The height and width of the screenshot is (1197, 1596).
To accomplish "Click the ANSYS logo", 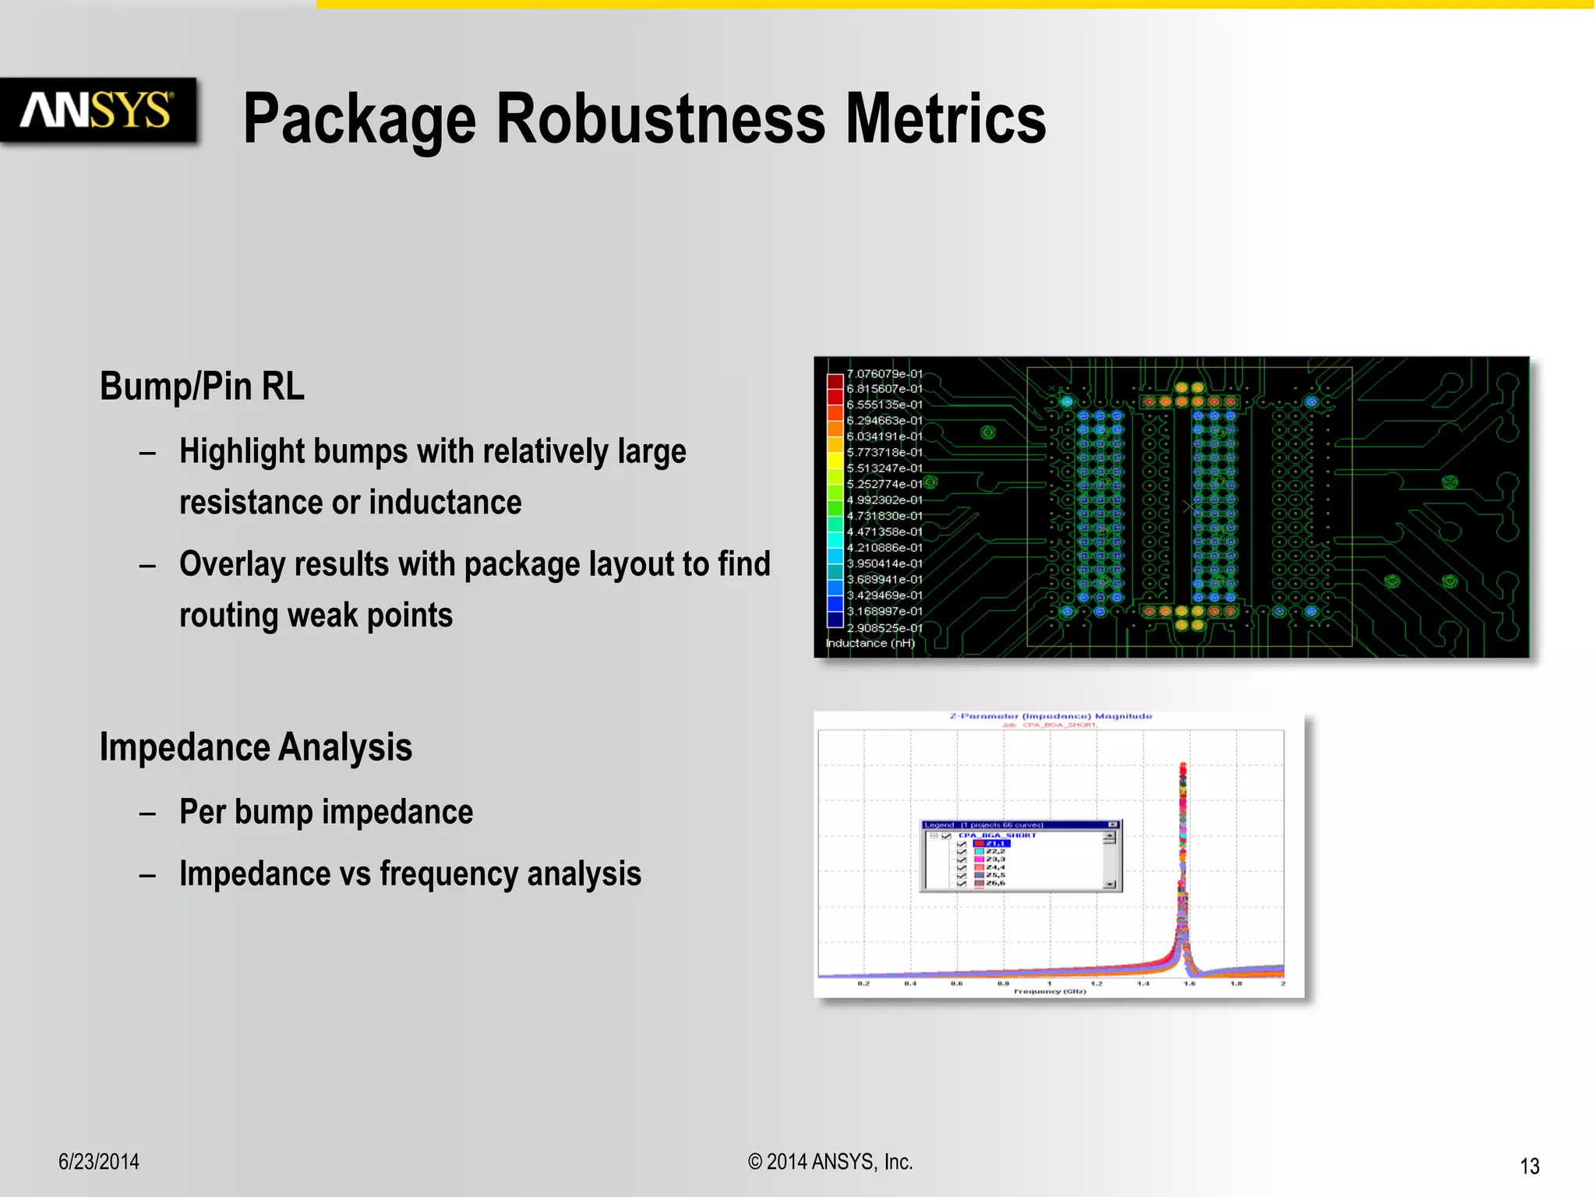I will pos(97,110).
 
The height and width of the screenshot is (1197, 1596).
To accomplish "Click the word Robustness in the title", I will pos(660,118).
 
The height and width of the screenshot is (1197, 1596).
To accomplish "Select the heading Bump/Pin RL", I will pos(202,387).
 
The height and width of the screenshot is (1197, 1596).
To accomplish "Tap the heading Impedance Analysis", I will pos(256,747).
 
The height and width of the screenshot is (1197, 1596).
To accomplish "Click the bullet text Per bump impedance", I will pos(326,812).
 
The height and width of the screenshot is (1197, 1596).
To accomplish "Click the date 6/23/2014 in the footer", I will pos(99,1162).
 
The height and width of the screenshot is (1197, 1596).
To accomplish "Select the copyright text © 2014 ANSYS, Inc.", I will pos(830,1162).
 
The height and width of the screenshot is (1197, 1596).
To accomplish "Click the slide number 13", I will pos(1529,1167).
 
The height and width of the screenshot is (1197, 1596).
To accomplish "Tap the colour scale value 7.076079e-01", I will pos(885,374).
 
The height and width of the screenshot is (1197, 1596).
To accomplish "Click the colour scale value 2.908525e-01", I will pos(885,628).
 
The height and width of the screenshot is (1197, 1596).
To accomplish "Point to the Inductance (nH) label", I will pos(870,643).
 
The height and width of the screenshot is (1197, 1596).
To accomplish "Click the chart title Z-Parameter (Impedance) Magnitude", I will pos(1050,716).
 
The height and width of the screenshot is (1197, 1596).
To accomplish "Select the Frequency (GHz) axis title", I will pos(1050,991).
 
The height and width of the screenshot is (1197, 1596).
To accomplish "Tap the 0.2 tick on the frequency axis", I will pos(863,984).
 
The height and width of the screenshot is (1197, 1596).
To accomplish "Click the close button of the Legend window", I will pos(1112,824).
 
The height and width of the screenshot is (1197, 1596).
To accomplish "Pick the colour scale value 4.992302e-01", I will pos(885,500).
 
